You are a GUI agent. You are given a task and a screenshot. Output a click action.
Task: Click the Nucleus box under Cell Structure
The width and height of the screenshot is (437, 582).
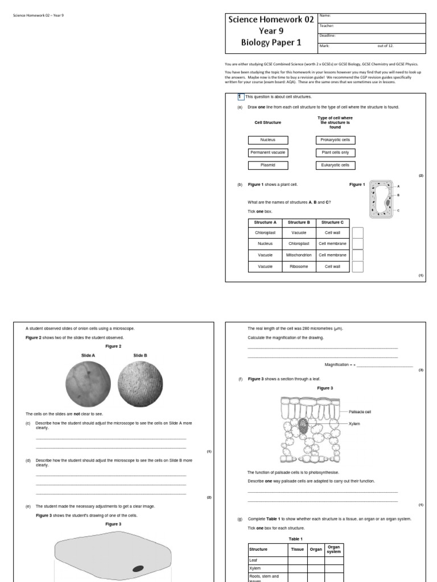click(268, 140)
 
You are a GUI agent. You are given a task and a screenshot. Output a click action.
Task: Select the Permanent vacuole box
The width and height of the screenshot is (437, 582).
click(268, 153)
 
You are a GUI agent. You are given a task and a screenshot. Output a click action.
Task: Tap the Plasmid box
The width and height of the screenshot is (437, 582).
click(268, 165)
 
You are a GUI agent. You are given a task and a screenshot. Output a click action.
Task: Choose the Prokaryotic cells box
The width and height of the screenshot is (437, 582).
click(335, 140)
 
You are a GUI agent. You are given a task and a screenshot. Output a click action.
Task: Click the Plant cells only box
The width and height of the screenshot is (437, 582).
click(335, 153)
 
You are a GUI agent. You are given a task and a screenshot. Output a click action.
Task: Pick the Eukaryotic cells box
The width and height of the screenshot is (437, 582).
click(335, 165)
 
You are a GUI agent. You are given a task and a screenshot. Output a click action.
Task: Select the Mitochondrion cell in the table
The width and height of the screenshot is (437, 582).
click(299, 255)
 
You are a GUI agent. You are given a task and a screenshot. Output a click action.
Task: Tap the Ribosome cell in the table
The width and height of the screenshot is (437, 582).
click(299, 266)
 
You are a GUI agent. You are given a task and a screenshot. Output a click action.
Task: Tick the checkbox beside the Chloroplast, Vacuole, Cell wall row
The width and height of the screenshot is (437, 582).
click(357, 233)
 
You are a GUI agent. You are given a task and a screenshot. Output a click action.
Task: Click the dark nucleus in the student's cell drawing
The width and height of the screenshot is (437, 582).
click(138, 568)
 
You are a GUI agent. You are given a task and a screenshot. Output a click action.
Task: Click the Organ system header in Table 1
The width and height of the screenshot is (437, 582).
click(333, 550)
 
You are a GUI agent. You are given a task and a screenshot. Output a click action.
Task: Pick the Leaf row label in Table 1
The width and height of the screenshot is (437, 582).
click(267, 560)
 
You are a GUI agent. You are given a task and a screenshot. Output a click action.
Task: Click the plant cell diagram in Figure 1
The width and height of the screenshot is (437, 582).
click(380, 199)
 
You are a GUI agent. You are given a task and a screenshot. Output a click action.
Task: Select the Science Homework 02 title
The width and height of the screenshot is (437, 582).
click(271, 19)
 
